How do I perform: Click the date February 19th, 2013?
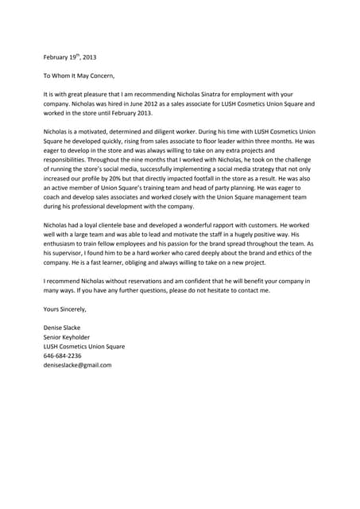pos(69,57)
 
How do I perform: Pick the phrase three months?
pos(277,141)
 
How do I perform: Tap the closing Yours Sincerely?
pos(64,309)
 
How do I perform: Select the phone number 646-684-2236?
pos(62,356)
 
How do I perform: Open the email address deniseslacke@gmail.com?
pos(77,365)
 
